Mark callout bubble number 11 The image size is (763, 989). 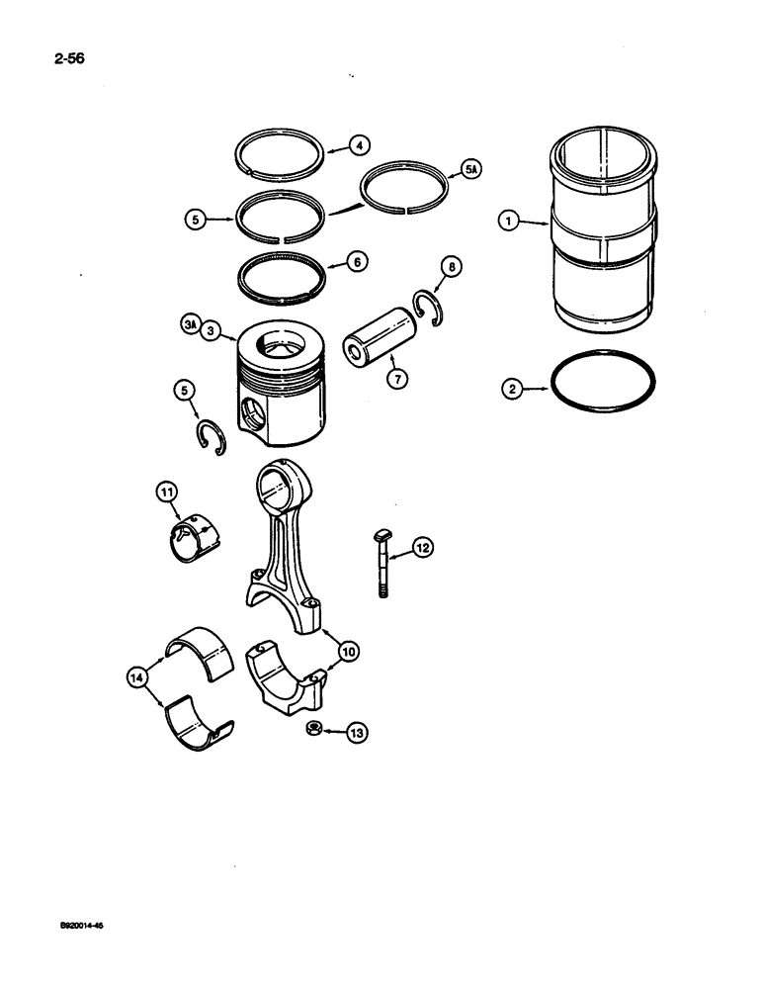pyautogui.click(x=166, y=490)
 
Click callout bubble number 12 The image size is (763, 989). pyautogui.click(x=421, y=546)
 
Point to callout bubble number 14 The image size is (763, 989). pyautogui.click(x=136, y=676)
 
